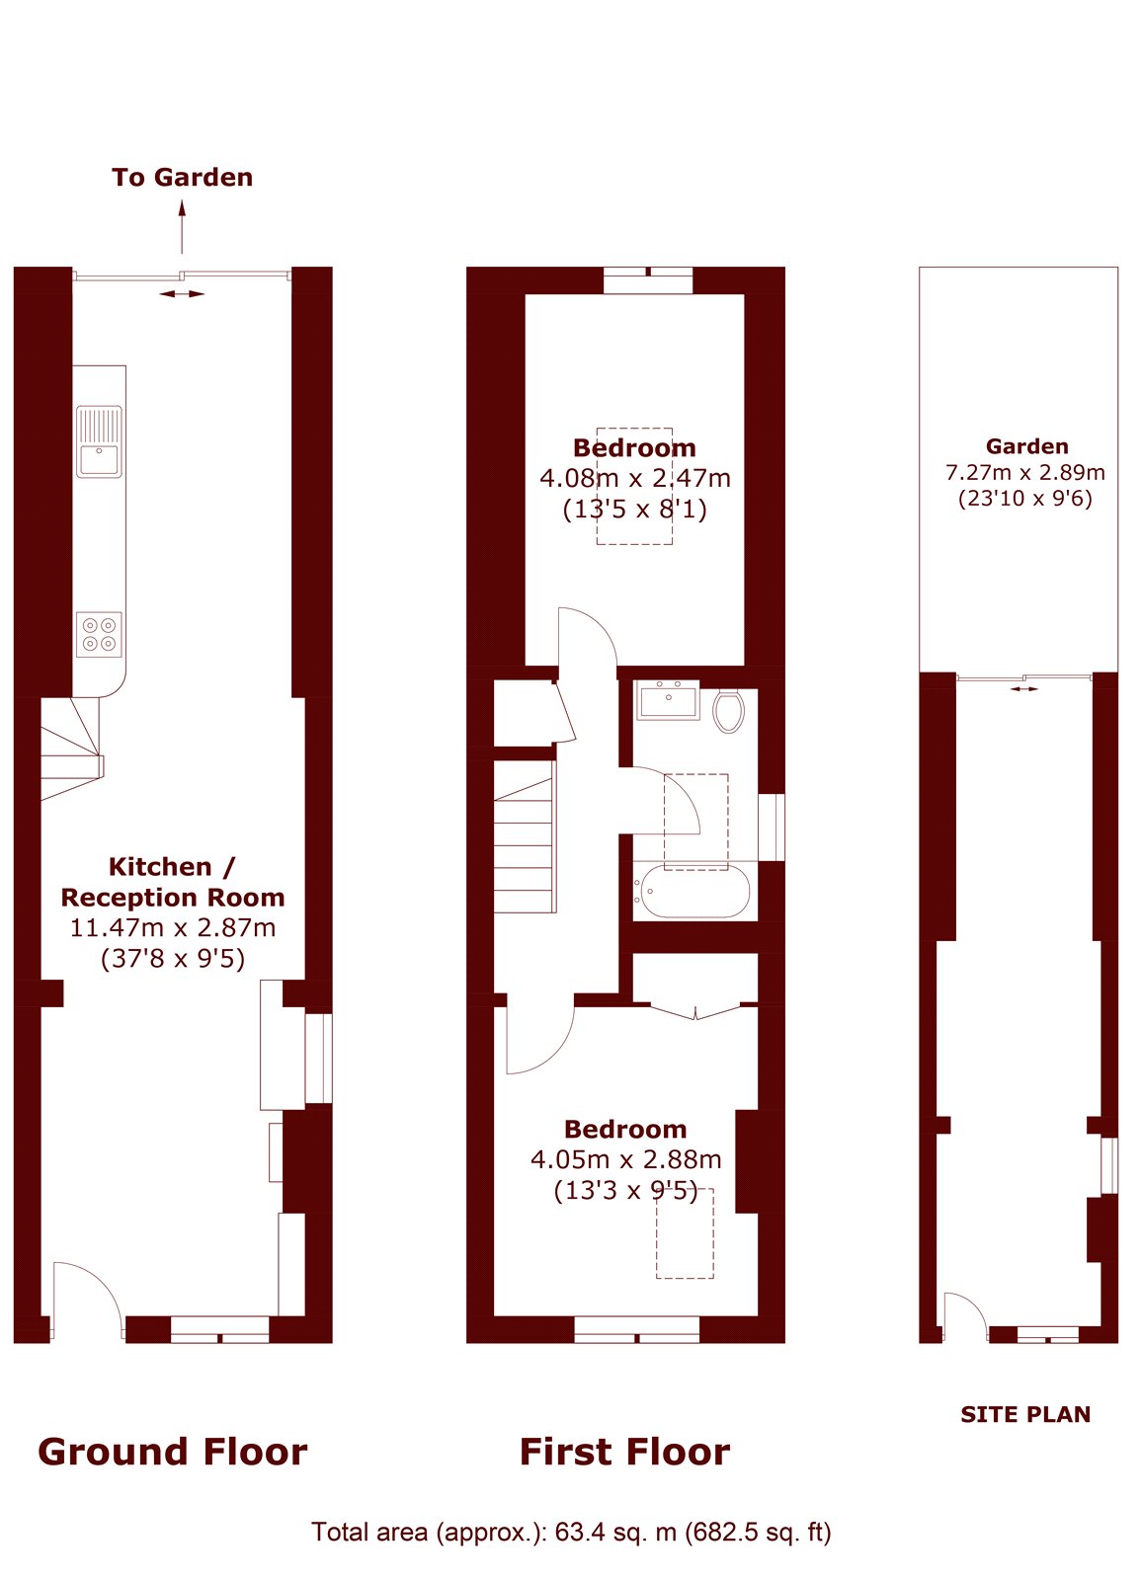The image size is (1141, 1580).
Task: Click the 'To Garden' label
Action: coord(182,178)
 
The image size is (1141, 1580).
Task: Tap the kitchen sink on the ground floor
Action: coord(99,441)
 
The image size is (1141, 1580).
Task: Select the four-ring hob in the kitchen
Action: coord(99,634)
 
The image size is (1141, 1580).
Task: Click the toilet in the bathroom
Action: coord(728,711)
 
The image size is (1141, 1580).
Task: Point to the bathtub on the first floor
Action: coord(693,892)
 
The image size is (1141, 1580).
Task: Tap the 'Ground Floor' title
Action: coord(172,1452)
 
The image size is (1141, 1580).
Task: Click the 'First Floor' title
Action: coord(624,1452)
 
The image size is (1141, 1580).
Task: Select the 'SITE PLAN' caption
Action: coord(1025,1414)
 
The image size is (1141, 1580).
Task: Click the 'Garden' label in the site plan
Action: coord(1026,446)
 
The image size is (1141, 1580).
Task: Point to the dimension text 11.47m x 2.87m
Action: coord(173,928)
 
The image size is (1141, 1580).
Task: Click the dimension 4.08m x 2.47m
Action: coord(635,479)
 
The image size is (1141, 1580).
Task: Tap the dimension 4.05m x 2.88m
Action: coord(625,1159)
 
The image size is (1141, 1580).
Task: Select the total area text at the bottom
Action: coord(571,1532)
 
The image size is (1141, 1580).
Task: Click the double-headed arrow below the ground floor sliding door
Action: coord(182,293)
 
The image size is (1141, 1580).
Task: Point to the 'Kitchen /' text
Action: coord(172,867)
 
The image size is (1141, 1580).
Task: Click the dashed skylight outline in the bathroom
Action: coord(696,822)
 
